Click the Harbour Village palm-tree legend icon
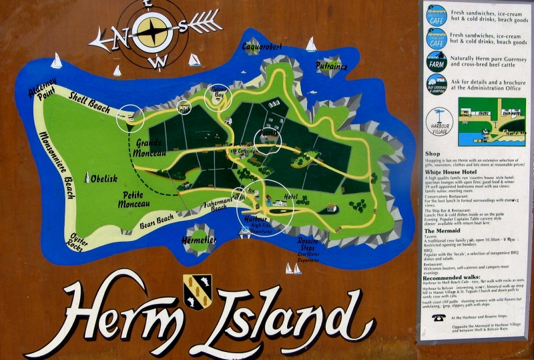point(439,122)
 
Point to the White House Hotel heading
point(455,172)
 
